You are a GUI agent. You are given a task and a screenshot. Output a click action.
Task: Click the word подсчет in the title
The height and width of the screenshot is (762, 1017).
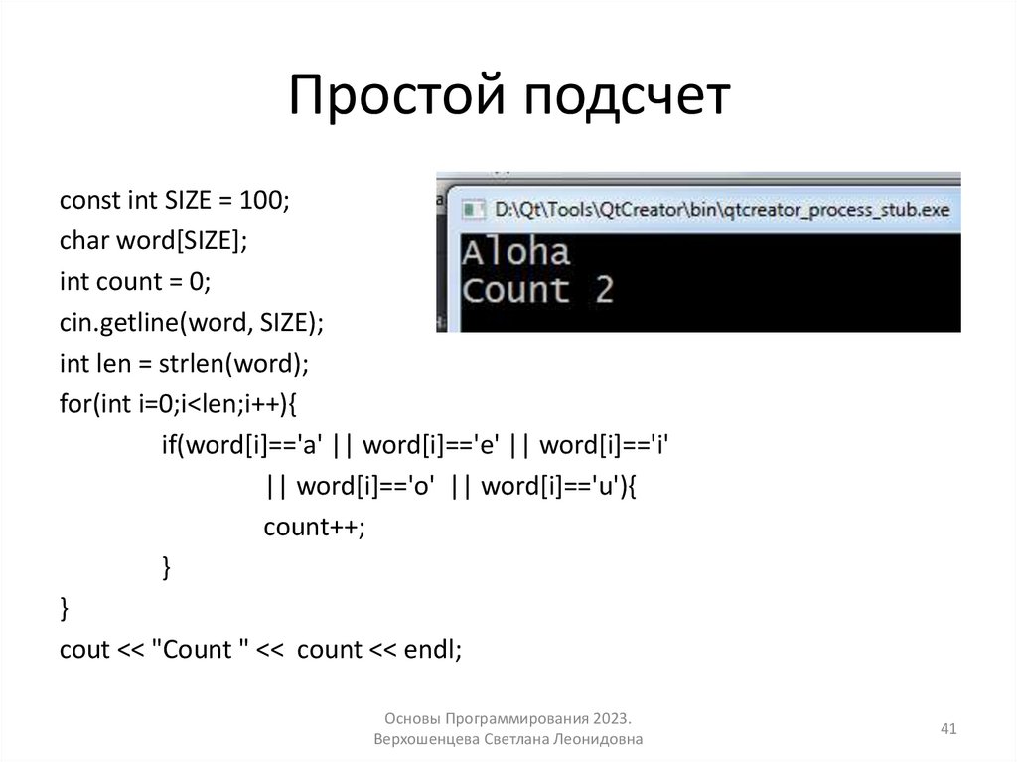tap(625, 99)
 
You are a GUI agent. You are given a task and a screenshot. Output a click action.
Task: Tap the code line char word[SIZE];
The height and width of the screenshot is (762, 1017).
tap(152, 240)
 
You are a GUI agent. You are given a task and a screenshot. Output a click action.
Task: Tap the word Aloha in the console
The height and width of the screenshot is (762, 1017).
tap(516, 251)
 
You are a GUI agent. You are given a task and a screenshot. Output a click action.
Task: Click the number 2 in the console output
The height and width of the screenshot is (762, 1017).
tap(604, 289)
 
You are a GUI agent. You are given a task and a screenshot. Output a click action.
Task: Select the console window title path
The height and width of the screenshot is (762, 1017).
tap(722, 210)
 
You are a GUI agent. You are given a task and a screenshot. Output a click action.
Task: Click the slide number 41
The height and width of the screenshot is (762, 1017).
tap(947, 730)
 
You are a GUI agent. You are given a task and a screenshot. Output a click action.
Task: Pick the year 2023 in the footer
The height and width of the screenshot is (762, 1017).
tap(612, 718)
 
